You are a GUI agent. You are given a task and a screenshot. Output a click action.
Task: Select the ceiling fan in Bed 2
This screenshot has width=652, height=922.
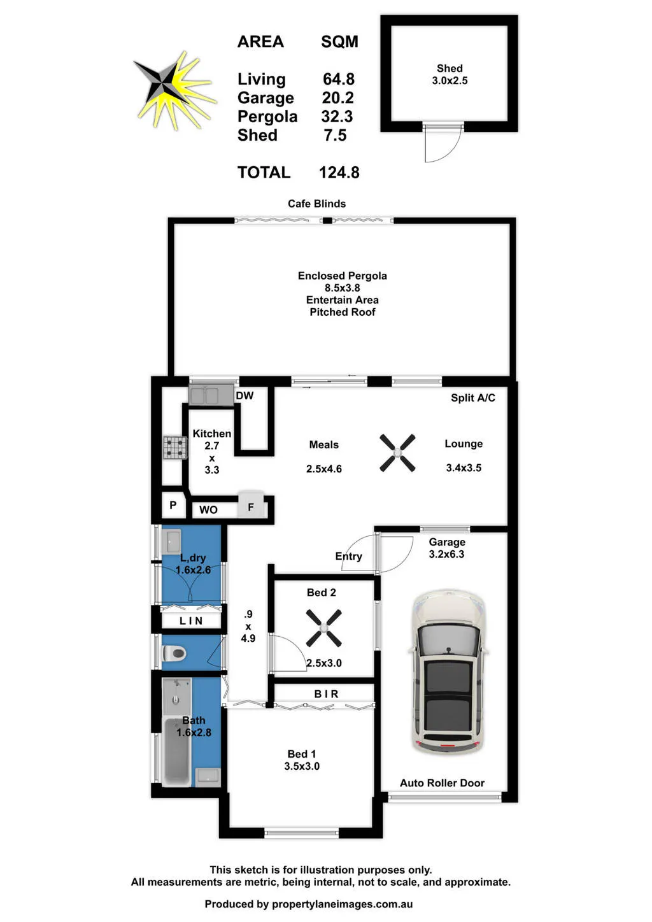click(x=324, y=628)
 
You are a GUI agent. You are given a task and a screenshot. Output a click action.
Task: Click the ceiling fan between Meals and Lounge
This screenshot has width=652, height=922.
click(x=397, y=453)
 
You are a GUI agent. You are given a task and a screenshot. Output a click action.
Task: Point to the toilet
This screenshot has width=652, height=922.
click(x=174, y=653)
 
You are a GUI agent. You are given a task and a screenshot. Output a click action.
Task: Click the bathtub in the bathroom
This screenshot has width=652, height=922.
click(x=177, y=752)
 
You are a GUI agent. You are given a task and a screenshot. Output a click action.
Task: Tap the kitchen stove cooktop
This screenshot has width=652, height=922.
click(x=175, y=448)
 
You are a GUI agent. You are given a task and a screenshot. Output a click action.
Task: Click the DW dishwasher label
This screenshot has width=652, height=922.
click(x=244, y=395)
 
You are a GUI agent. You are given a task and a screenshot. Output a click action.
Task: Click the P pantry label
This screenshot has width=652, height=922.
click(x=173, y=505)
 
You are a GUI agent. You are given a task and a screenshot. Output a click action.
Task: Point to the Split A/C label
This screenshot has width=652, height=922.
click(x=473, y=397)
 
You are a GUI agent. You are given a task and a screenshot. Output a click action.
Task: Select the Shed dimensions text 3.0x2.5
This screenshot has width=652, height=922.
click(x=450, y=81)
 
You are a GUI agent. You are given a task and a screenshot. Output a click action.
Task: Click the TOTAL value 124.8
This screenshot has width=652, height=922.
click(x=339, y=173)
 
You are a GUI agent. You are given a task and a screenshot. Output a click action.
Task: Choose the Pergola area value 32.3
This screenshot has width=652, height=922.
click(x=337, y=117)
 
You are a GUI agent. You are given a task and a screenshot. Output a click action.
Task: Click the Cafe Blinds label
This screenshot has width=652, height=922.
click(x=316, y=203)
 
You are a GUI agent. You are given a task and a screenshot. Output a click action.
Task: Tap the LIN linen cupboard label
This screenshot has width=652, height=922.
click(x=191, y=621)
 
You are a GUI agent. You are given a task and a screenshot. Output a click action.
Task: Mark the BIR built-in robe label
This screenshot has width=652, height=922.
click(x=326, y=694)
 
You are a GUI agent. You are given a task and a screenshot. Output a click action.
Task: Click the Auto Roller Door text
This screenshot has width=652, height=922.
click(x=442, y=783)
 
